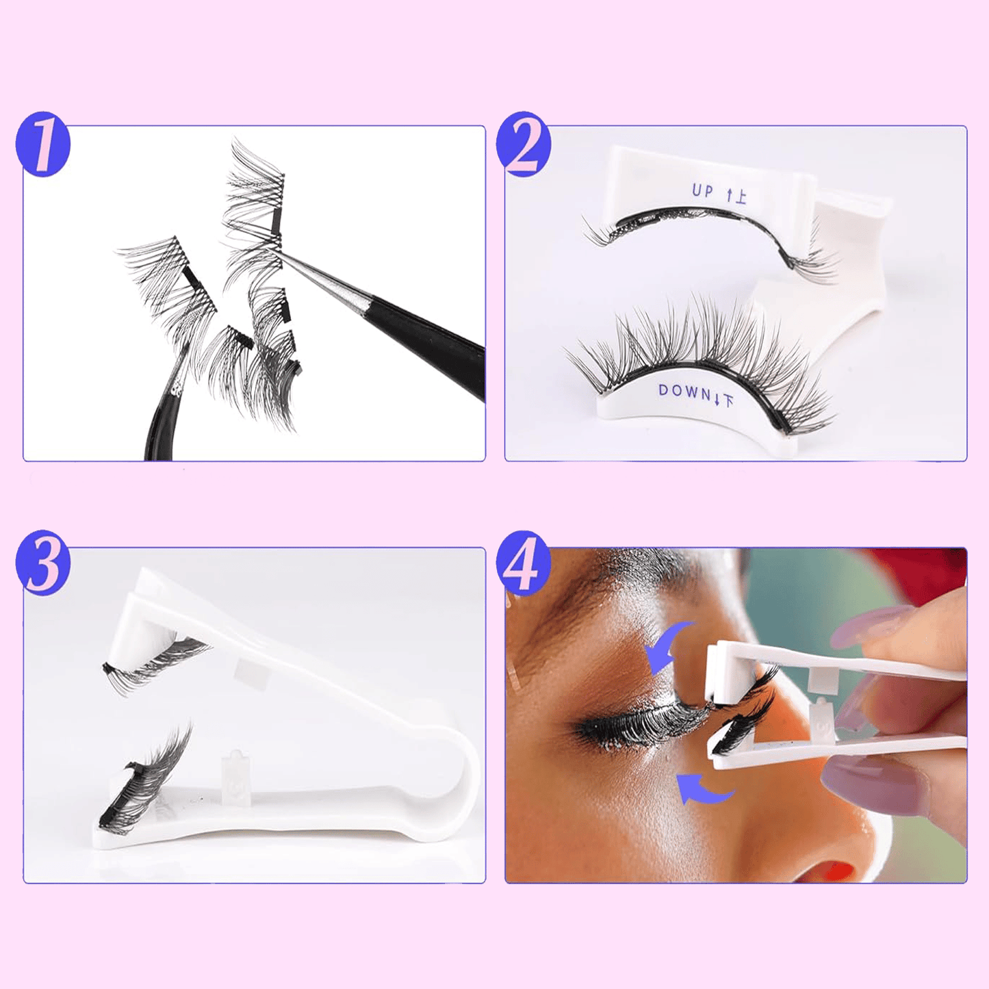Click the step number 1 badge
tap(42, 144)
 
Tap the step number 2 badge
tap(523, 144)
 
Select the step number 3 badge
tap(42, 563)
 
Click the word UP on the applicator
tap(702, 191)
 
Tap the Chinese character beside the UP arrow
tap(740, 196)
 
